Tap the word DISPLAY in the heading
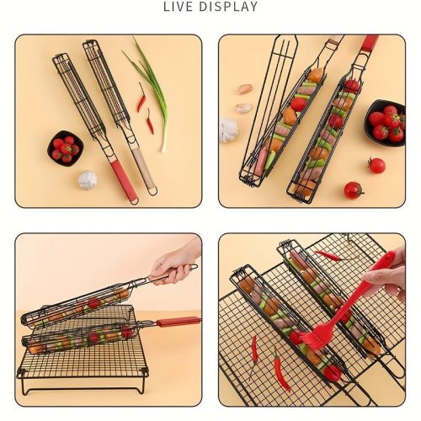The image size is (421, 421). pos(228,7)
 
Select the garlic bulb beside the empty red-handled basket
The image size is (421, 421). pos(88,180)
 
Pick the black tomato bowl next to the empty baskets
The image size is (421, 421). pos(66,148)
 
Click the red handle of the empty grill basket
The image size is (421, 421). pos(124,179)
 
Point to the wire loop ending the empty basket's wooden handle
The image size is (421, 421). pos(153,191)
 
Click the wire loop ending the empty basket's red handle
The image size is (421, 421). pos(136,200)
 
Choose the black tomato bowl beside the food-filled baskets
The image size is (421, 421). pos(386,123)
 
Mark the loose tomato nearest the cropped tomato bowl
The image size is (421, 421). pos(376,165)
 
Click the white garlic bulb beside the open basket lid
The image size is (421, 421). pos(228,130)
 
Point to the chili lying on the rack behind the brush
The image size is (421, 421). pos(328,255)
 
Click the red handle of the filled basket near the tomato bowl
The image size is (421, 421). pos(370,43)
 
